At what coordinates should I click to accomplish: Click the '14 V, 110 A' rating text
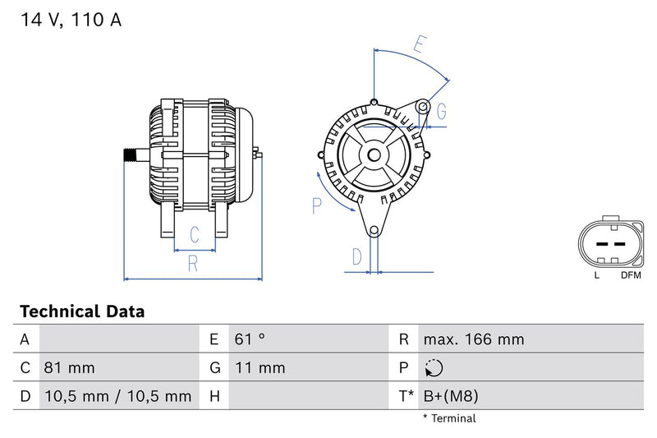coord(71,21)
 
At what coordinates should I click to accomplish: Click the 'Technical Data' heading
coord(81,311)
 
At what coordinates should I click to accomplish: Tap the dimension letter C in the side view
coord(195,235)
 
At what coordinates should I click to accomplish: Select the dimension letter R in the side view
coord(193,264)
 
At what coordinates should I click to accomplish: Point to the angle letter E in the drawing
coord(420,44)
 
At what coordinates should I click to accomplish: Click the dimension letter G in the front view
coord(441,111)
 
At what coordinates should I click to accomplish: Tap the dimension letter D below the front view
coord(356,256)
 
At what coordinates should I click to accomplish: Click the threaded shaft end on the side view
coord(130,154)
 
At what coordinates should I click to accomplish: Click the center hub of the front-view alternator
coord(374,154)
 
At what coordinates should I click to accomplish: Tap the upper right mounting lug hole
coord(423,107)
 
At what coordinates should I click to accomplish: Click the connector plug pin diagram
coord(609,244)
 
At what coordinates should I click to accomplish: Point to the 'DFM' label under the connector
coord(631,275)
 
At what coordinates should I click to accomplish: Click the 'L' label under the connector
coord(597,275)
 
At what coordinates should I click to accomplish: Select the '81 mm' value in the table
coord(69,367)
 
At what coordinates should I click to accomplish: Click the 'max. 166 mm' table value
coord(473,339)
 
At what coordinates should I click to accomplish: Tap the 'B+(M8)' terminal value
coord(450,396)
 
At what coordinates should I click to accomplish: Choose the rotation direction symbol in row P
coord(435,368)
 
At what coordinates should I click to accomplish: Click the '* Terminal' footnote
coord(449,418)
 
